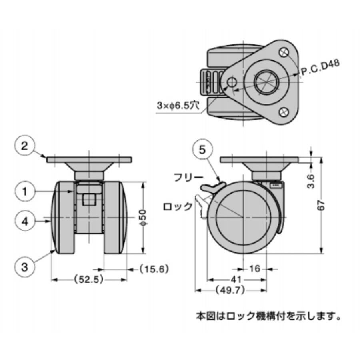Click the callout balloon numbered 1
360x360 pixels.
click(25, 192)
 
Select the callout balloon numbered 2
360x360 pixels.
click(25, 145)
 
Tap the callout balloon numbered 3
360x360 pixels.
click(25, 267)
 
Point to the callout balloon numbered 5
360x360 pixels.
click(202, 150)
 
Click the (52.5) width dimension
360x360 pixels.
click(89, 280)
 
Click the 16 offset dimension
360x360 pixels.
click(254, 269)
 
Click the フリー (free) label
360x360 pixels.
click(188, 178)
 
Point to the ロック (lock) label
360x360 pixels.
click(178, 207)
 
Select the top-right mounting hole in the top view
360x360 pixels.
click(284, 52)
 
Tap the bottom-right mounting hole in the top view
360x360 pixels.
click(284, 112)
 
